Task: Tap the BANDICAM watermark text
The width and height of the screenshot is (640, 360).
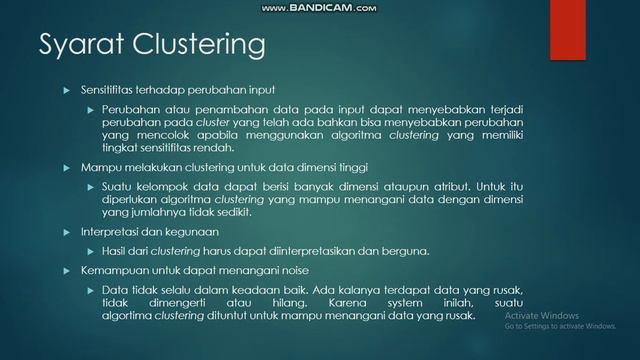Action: [x=320, y=8]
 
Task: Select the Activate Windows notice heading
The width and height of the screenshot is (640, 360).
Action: [x=539, y=314]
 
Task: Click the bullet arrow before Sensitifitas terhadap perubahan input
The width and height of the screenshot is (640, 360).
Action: [x=68, y=90]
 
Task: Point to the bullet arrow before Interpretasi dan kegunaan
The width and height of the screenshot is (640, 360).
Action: [x=68, y=231]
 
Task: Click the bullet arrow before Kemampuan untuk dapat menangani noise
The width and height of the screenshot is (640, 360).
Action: [x=68, y=270]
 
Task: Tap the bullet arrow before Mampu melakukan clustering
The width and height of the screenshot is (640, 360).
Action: [x=68, y=167]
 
